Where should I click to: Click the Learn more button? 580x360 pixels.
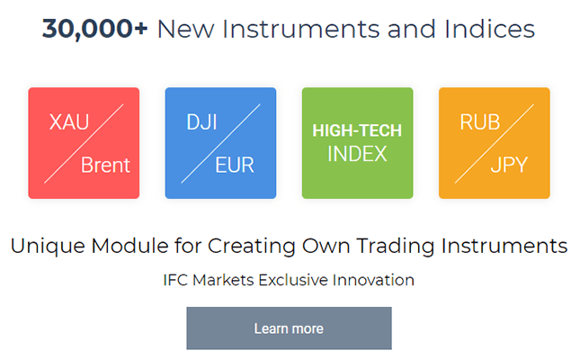click(289, 328)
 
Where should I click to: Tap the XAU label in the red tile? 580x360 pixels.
click(69, 121)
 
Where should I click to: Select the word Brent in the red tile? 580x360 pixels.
click(105, 165)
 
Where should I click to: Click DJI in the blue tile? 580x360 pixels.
click(201, 121)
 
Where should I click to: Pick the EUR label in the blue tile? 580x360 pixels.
click(235, 165)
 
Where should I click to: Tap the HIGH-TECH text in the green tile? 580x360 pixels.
click(357, 130)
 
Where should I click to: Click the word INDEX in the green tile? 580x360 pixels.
click(357, 154)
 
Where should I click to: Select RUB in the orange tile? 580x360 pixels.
click(480, 121)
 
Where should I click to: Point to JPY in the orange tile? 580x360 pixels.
click(509, 166)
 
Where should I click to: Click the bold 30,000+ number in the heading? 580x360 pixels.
click(94, 29)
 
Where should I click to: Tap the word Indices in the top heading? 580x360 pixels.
click(489, 29)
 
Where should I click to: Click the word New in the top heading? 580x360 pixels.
click(185, 29)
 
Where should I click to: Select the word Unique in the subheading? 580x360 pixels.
click(48, 247)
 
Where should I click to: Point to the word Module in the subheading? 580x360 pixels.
click(129, 246)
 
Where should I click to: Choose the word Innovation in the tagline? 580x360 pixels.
click(373, 280)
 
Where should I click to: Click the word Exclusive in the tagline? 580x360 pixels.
click(293, 280)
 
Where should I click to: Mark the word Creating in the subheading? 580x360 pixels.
click(251, 247)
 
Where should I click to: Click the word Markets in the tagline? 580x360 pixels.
click(223, 280)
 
